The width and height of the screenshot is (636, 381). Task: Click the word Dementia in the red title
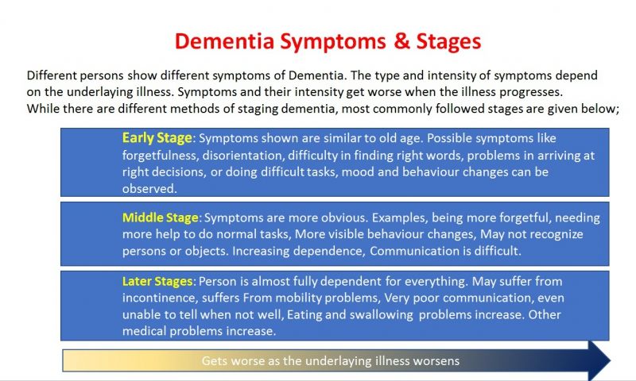click(x=224, y=41)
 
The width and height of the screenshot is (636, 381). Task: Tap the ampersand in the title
click(x=401, y=41)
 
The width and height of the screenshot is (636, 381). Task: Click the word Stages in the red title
click(x=448, y=42)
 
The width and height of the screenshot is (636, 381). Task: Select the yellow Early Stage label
click(x=157, y=138)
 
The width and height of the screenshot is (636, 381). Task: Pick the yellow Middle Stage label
click(x=161, y=217)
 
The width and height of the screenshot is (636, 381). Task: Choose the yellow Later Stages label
click(x=157, y=282)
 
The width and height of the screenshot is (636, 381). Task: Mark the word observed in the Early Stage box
click(x=149, y=189)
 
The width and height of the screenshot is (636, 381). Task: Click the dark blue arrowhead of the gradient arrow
click(x=599, y=360)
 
